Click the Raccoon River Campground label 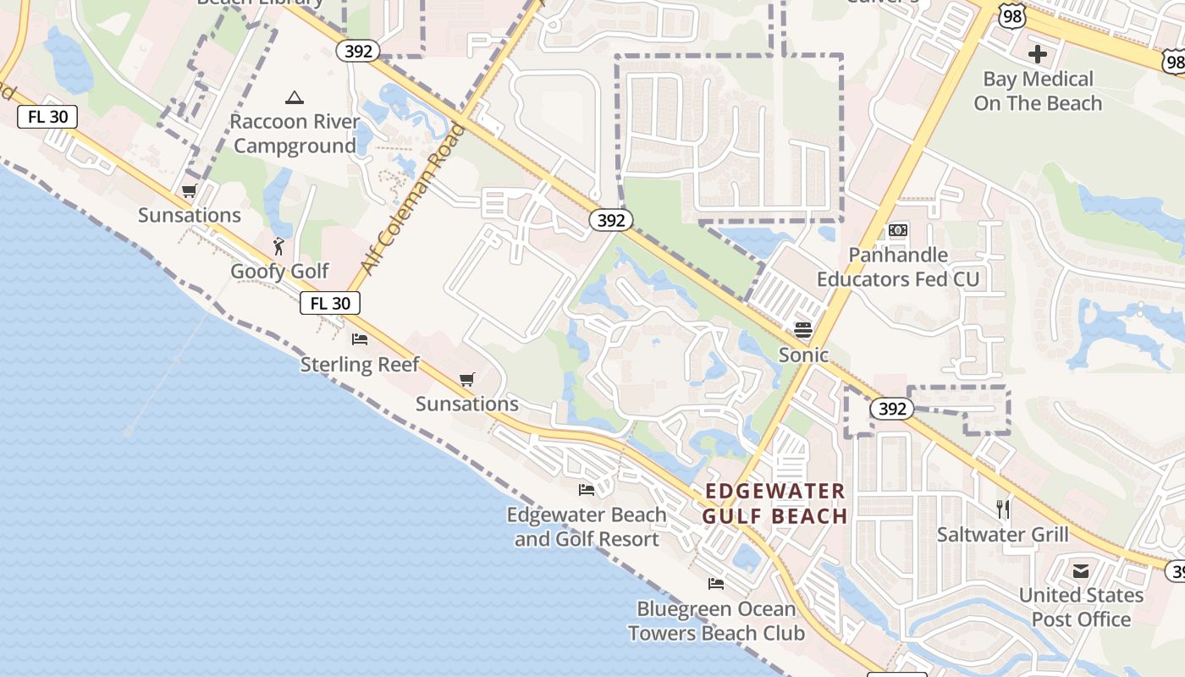point(295,134)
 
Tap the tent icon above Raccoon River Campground point(295,98)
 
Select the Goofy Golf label point(279,272)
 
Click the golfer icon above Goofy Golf point(278,247)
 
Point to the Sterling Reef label point(360,365)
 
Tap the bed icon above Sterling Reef point(360,340)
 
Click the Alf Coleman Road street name point(412,200)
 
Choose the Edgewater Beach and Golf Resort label point(587,526)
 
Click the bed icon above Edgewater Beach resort point(586,490)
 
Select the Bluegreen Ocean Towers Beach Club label point(716,620)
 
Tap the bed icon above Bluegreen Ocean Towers point(716,584)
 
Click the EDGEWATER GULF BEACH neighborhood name point(775,504)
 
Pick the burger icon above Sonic point(803,329)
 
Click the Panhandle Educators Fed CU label point(898,267)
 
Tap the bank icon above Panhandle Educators point(897,230)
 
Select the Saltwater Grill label point(1002,534)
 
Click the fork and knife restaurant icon point(1003,509)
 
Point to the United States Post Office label point(1081,607)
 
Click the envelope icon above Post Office point(1081,571)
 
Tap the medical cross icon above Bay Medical point(1038,55)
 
